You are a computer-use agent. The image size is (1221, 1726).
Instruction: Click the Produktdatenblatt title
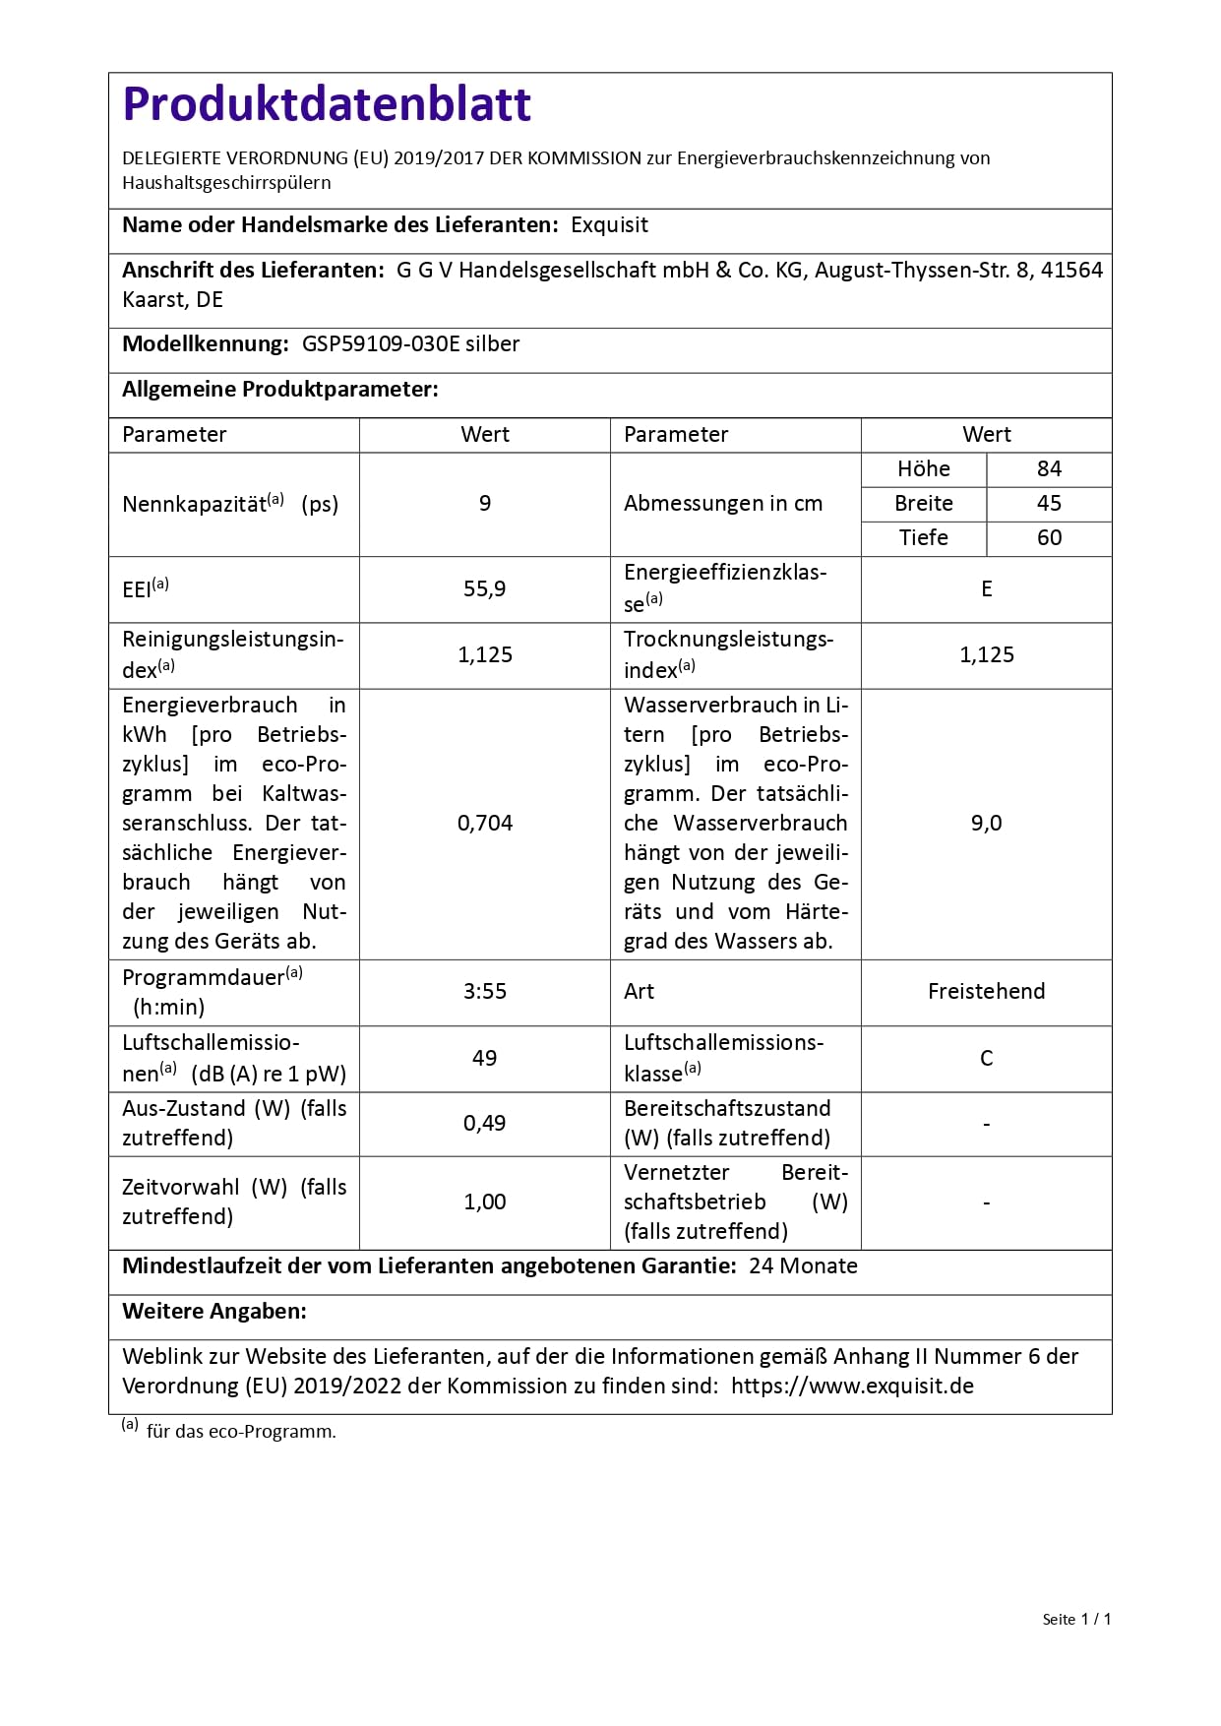327,104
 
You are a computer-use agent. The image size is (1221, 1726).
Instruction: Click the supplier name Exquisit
609,225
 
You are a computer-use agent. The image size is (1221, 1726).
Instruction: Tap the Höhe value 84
1049,469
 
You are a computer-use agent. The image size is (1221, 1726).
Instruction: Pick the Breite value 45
1049,504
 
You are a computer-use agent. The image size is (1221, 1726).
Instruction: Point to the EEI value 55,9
484,589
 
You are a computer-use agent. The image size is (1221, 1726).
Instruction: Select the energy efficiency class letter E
986,589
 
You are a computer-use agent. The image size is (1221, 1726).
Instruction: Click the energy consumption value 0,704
484,824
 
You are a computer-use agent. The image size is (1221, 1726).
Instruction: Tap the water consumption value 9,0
986,824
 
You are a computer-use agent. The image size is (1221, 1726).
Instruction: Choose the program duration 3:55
484,992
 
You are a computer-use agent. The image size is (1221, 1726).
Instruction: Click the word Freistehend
986,992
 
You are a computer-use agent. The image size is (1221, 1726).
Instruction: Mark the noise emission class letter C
986,1059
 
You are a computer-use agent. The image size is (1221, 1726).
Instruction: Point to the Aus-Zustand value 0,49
484,1124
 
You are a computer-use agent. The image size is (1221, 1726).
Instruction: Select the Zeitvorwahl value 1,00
484,1202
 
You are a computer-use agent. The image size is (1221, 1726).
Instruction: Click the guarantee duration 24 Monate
803,1266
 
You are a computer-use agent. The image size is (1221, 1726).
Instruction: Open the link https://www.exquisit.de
852,1387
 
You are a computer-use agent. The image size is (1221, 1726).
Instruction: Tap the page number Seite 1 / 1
1076,1620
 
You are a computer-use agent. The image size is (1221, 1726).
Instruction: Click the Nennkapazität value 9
484,504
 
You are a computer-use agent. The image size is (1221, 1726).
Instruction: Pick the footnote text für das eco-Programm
241,1432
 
